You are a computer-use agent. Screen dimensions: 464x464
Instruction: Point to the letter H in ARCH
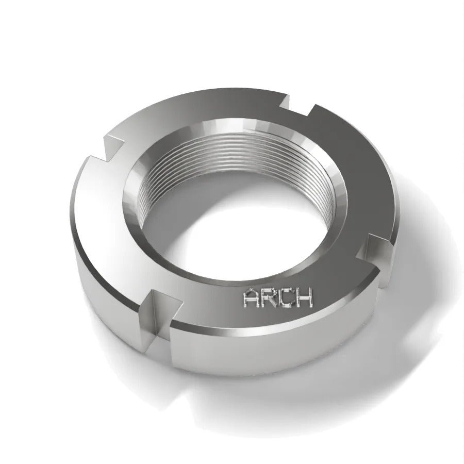click(303, 297)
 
